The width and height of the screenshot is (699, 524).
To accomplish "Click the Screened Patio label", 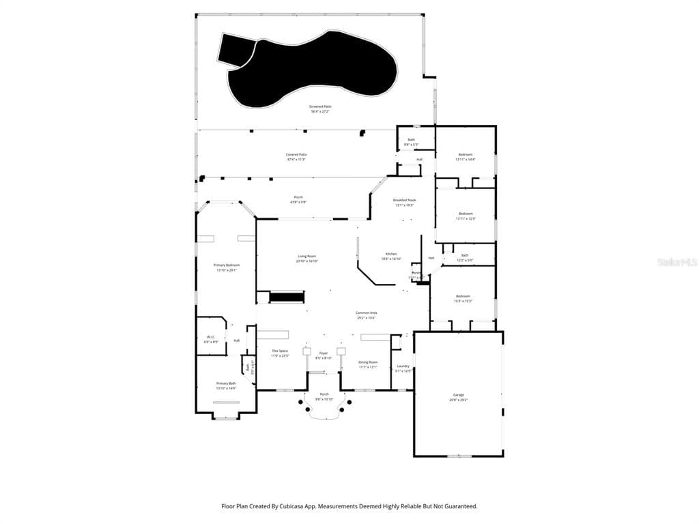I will point(320,107).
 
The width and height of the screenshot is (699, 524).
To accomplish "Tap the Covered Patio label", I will point(296,155).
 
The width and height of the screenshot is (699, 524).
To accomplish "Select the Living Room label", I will point(306,257).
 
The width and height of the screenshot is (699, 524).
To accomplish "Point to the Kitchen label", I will point(390,254).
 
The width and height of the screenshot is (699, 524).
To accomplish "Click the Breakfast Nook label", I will point(404,201).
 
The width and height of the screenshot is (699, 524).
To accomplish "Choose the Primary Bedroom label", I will point(226,265).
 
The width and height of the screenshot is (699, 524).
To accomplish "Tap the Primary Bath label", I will point(226,384).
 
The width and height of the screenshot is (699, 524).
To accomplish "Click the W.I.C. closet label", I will point(211,338).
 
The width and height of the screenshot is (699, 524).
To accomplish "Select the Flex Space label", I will point(281,351).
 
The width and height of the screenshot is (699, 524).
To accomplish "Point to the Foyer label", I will point(323,353).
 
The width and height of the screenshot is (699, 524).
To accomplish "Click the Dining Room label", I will point(368,362).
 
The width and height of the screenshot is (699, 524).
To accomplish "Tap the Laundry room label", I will point(403,366).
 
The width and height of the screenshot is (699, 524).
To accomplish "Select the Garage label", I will point(458,395).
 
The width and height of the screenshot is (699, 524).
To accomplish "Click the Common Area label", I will point(367,313).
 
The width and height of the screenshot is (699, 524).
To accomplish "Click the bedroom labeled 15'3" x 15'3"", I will point(463,296).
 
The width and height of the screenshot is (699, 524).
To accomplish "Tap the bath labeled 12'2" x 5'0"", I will point(465,256).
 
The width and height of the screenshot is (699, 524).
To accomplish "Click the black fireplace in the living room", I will point(287,297).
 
